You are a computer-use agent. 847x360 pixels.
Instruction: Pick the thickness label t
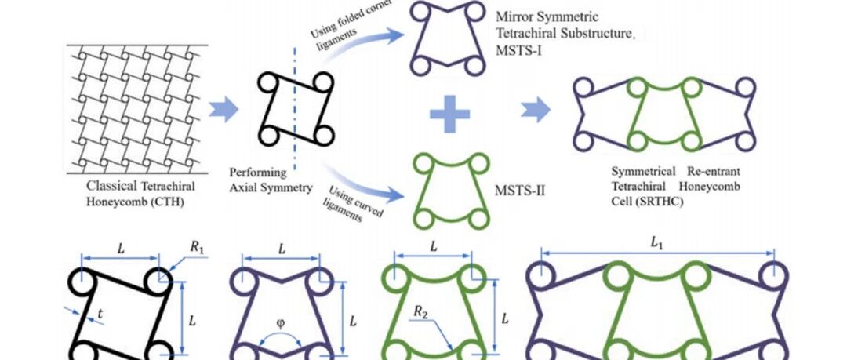coord(100,315)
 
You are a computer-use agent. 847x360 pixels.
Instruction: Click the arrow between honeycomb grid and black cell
coord(221,109)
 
